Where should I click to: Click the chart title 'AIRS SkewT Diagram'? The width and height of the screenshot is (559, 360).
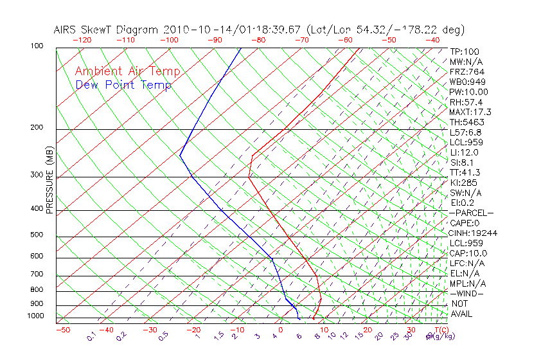click(x=106, y=30)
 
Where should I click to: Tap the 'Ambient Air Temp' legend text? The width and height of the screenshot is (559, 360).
click(x=127, y=71)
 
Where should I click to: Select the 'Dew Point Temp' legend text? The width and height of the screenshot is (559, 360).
click(x=123, y=85)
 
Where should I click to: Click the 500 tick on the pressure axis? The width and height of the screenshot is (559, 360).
click(x=37, y=235)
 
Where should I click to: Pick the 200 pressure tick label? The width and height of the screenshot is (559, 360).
click(x=37, y=128)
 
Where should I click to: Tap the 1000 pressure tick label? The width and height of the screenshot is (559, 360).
click(x=35, y=316)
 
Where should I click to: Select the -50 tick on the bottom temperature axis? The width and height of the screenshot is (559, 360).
click(x=62, y=330)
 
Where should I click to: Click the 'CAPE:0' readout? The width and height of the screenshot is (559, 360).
click(x=465, y=223)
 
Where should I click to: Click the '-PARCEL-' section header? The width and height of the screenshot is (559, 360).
click(x=470, y=213)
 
